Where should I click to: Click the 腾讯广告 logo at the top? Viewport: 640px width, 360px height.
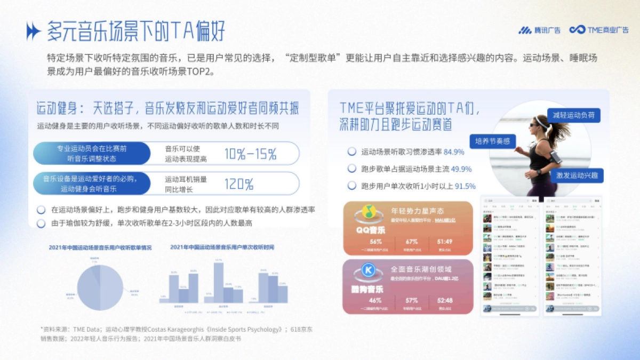click(x=539, y=30)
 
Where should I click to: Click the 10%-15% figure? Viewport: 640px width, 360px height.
click(x=250, y=155)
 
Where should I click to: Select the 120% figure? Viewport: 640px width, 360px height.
click(x=238, y=185)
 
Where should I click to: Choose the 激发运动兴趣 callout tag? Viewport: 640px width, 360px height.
click(x=577, y=174)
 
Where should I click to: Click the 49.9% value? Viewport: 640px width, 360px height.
click(x=461, y=169)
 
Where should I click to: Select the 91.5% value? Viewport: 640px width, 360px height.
click(x=465, y=186)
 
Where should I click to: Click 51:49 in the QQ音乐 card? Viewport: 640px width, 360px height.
click(x=445, y=242)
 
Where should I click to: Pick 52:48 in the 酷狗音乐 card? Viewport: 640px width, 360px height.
click(x=445, y=300)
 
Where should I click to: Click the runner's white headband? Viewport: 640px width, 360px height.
click(x=542, y=122)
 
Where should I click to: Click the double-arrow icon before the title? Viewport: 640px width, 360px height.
click(x=33, y=32)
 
